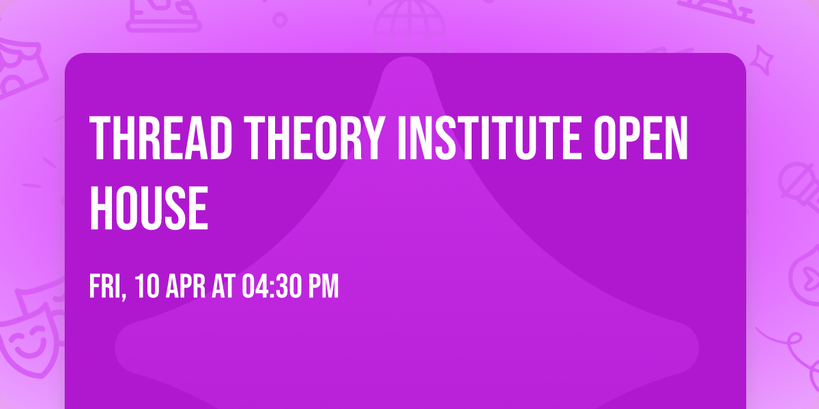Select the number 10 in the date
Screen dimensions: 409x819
coord(145,286)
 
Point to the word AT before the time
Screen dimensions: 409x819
coord(224,286)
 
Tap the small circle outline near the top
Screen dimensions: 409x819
coord(280,19)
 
